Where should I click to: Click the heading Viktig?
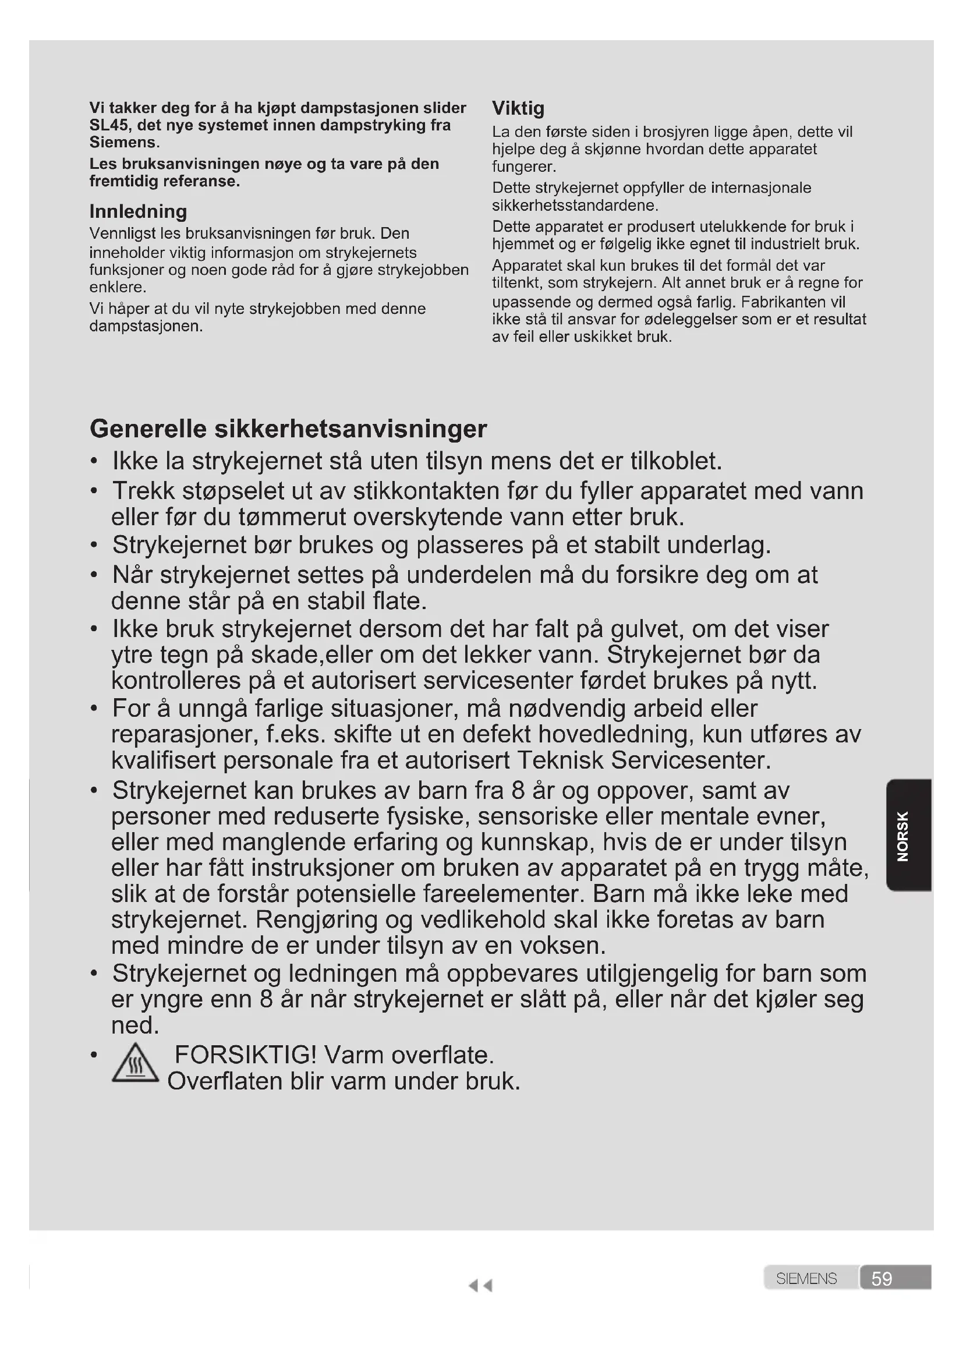click(x=518, y=108)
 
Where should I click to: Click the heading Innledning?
click(x=138, y=211)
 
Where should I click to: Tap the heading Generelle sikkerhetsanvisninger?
click(x=288, y=429)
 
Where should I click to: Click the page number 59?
click(x=881, y=1278)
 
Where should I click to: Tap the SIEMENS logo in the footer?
click(x=806, y=1278)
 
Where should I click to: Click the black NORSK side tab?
click(x=908, y=835)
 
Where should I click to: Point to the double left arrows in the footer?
click(x=480, y=1286)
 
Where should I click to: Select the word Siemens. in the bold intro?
click(x=125, y=142)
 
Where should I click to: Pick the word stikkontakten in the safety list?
click(x=426, y=491)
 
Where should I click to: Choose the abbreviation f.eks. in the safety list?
click(x=296, y=734)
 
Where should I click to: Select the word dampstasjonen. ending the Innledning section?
click(x=147, y=326)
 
